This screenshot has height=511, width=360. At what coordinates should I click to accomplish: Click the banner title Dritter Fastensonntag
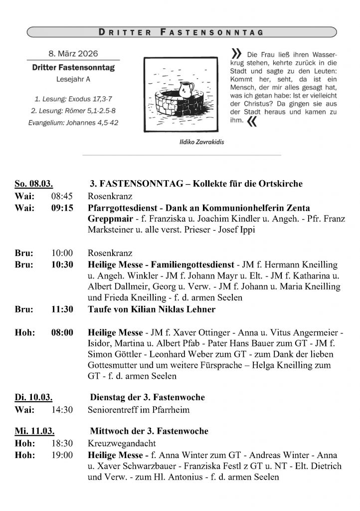tap(180, 33)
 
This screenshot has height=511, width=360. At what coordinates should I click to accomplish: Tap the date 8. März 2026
tap(73, 54)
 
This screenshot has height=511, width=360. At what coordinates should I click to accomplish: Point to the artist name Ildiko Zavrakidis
tap(201, 142)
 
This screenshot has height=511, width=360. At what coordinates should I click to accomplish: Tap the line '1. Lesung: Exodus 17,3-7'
tap(73, 99)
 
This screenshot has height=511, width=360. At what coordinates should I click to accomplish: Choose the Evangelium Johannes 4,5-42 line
tap(73, 122)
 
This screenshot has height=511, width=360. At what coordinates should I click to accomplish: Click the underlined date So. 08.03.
tap(34, 184)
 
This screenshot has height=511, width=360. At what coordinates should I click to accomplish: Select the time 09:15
tap(62, 207)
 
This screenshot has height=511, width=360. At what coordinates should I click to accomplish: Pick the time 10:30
tap(62, 264)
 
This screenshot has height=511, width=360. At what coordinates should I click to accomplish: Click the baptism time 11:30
tap(62, 309)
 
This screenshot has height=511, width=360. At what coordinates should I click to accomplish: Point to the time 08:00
tap(62, 332)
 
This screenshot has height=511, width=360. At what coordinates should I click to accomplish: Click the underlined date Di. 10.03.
tap(34, 398)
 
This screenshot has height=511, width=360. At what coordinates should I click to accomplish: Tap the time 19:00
tap(62, 455)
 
